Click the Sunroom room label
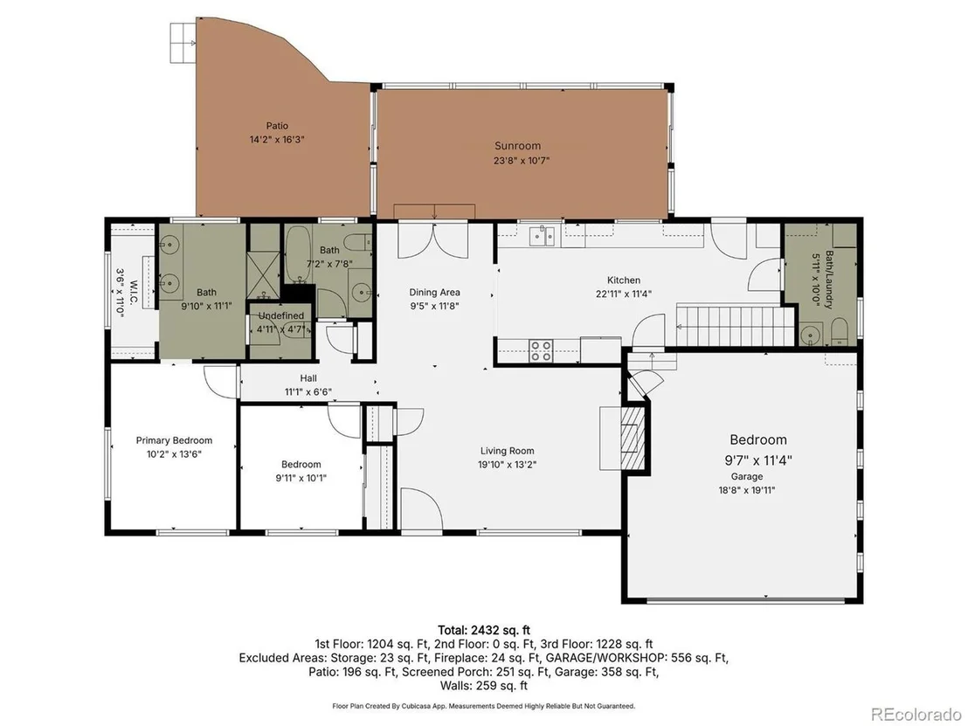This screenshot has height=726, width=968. [x=517, y=146]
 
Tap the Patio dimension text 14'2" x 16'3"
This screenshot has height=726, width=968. [x=277, y=140]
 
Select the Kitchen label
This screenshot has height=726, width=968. [x=624, y=280]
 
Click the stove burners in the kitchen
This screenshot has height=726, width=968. [x=542, y=350]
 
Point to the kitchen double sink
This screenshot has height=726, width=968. [x=543, y=235]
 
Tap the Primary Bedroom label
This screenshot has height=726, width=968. [x=174, y=440]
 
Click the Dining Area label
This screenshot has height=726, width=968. [x=434, y=292]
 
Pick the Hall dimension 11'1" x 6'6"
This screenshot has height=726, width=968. [x=308, y=391]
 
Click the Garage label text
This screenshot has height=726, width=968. [x=747, y=477]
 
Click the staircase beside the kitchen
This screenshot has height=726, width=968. [x=735, y=326]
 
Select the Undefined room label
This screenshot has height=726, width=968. [x=281, y=316]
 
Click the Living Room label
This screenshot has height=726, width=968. [x=508, y=451]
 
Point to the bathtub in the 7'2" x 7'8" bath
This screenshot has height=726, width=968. [x=298, y=253]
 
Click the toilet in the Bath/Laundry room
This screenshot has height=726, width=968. [x=839, y=332]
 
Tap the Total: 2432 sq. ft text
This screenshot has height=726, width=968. [x=484, y=630]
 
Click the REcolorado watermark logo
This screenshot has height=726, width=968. [x=916, y=715]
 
